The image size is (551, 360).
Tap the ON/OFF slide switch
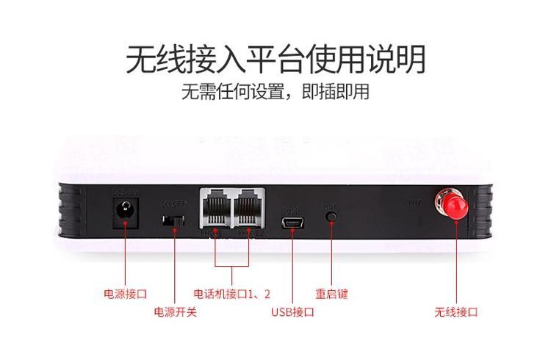click(x=174, y=220)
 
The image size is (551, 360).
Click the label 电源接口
click(x=125, y=294)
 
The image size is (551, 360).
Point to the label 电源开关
click(x=175, y=312)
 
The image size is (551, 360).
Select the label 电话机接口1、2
click(x=231, y=294)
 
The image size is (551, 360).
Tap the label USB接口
click(x=292, y=312)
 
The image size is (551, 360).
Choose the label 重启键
click(x=331, y=294)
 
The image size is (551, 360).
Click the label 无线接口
click(x=455, y=312)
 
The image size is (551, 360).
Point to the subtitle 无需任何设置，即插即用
click(x=275, y=93)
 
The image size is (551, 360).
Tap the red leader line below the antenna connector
click(x=455, y=264)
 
